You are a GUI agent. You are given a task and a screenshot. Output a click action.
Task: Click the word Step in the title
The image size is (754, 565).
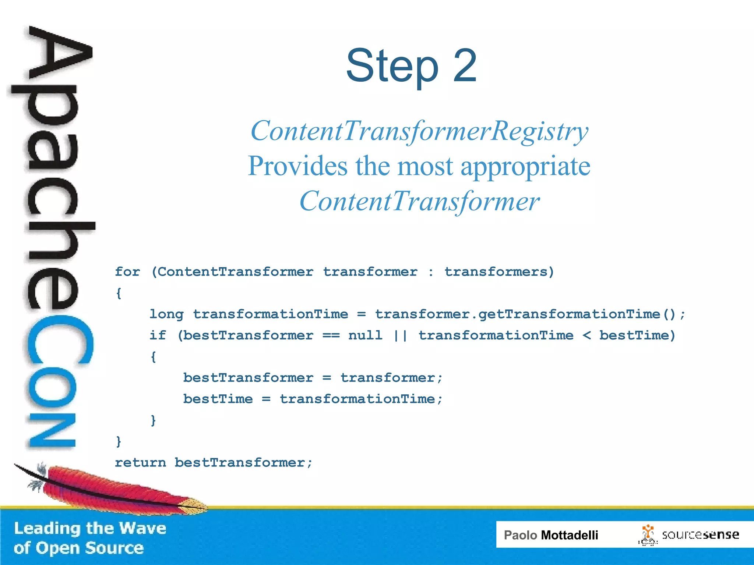392,66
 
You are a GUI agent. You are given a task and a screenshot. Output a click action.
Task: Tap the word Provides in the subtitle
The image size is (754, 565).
297,166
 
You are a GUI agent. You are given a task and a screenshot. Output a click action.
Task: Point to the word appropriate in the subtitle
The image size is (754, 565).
525,167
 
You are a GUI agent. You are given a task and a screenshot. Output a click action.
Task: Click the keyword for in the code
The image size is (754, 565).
127,272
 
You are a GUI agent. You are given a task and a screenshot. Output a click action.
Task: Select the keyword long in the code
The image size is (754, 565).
166,314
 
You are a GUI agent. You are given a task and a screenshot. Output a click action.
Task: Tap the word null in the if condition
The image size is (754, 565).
365,335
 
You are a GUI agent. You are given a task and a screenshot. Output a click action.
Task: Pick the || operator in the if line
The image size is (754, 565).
400,335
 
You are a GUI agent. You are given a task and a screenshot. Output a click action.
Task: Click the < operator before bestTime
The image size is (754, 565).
586,335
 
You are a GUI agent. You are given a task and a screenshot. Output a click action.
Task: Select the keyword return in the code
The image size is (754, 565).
140,462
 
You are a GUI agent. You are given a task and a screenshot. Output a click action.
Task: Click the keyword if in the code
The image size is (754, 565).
158,335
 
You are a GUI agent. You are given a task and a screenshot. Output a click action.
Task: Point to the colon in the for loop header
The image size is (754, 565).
431,272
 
